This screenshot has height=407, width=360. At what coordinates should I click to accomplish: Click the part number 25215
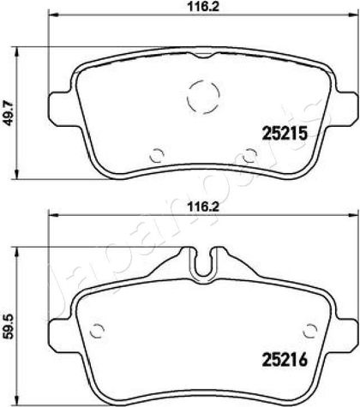coord(285,134)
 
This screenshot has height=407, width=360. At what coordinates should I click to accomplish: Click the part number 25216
coord(285,359)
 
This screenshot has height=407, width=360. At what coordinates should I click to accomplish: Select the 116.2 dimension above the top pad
coord(203,7)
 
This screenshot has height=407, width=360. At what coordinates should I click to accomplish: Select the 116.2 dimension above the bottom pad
coord(203,206)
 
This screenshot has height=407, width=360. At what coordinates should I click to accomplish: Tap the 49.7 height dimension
coord(10,113)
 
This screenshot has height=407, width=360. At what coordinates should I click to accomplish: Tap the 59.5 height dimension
coord(9,326)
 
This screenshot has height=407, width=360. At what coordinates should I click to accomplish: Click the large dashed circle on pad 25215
coord(203,97)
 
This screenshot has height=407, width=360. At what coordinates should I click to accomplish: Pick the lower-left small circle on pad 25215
coord(157,155)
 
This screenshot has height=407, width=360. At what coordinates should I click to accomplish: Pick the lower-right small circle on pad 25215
coord(249,155)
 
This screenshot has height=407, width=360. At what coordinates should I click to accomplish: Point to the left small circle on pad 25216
coord(97,331)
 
